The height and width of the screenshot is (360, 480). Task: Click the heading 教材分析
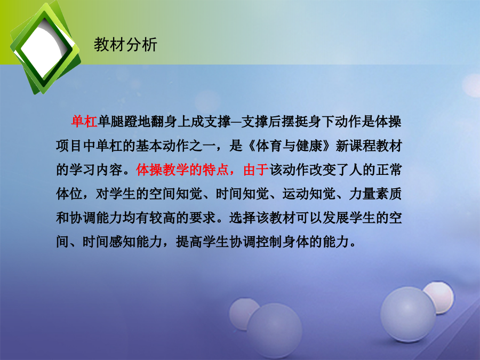point(125,45)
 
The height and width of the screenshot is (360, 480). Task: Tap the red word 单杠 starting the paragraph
point(84,122)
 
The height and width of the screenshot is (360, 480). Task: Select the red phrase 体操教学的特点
point(182,170)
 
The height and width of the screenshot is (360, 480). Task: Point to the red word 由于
point(256,170)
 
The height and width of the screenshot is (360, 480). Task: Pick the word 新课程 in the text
point(356,146)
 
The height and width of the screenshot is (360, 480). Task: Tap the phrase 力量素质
point(375,194)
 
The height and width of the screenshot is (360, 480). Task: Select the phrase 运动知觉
point(309,194)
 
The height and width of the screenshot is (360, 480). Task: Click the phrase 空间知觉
point(175,194)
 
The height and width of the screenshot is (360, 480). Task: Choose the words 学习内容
point(96,170)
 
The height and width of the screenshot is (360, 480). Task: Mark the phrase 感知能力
point(136,242)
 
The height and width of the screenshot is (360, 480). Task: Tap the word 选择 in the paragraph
point(243,218)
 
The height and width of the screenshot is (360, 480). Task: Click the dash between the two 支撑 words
point(236,122)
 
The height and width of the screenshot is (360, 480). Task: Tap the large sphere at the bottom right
point(408,314)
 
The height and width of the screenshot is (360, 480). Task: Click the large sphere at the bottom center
point(275,331)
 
